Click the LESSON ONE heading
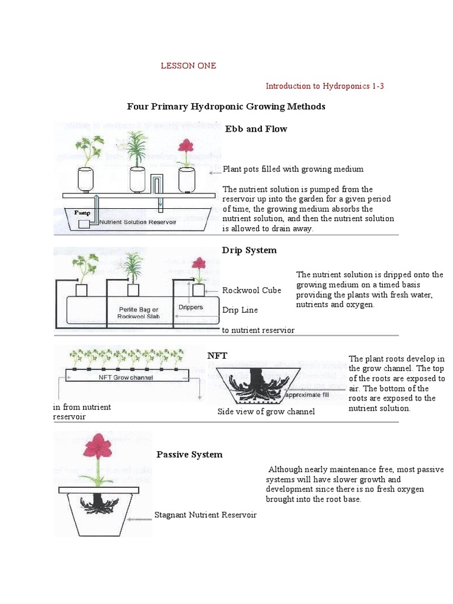click(189, 65)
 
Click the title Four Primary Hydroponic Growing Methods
click(226, 106)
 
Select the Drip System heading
click(249, 250)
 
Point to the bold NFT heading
click(216, 355)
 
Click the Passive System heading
click(189, 454)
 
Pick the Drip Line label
click(239, 310)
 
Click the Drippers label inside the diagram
click(191, 307)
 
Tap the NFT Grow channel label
click(125, 377)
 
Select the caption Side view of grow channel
click(266, 411)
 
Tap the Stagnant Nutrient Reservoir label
click(205, 515)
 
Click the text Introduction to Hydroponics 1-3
click(324, 86)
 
